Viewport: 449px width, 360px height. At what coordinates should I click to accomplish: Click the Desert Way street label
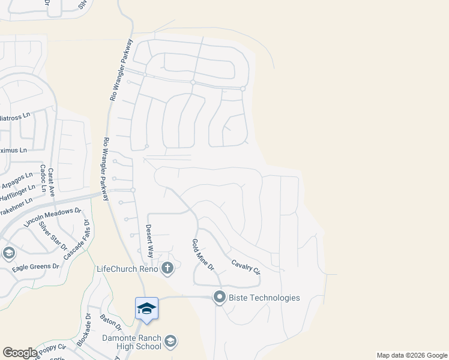point(149,239)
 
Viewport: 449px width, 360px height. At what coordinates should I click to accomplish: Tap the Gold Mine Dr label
point(202,255)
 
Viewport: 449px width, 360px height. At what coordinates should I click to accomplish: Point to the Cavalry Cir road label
point(246,263)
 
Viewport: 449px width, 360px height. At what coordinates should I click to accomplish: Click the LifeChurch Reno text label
point(127,268)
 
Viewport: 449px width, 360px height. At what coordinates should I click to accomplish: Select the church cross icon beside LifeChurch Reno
point(167,268)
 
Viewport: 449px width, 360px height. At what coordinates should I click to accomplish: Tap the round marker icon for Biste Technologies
point(220,297)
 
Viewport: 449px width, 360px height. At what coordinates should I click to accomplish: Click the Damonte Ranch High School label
point(133,341)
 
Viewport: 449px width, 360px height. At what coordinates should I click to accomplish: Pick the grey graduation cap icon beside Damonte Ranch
point(170,341)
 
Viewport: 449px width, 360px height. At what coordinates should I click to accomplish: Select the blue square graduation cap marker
point(146,308)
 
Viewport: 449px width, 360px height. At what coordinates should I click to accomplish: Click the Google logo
point(20,353)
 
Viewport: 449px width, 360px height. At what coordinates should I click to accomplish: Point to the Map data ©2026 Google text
point(412,355)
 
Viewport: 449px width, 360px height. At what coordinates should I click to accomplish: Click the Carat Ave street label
point(51,182)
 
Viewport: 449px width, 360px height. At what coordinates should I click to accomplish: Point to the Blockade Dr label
point(84,329)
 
